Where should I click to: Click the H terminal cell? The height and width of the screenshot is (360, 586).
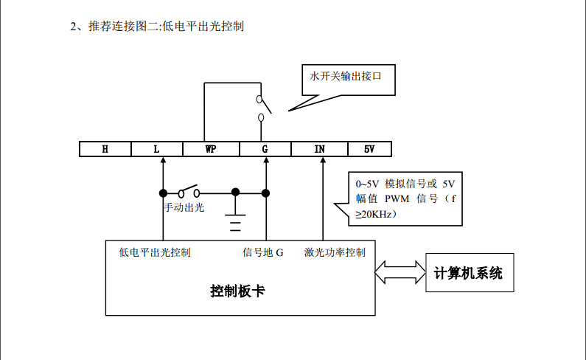pyautogui.click(x=105, y=149)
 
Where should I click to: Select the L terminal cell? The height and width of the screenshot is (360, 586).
pyautogui.click(x=156, y=149)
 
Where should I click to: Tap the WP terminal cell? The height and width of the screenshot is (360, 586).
pyautogui.click(x=211, y=149)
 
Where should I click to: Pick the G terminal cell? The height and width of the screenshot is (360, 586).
pyautogui.click(x=265, y=149)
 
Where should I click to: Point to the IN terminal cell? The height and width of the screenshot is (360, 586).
pyautogui.click(x=319, y=149)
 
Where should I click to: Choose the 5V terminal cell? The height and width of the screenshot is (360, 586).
pyautogui.click(x=369, y=149)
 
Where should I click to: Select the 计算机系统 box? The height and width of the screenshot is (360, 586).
pyautogui.click(x=468, y=273)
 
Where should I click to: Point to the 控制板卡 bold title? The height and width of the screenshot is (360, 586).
pyautogui.click(x=237, y=291)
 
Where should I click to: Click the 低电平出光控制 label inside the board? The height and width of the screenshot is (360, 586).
pyautogui.click(x=155, y=252)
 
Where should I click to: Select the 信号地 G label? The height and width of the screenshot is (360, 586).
pyautogui.click(x=263, y=252)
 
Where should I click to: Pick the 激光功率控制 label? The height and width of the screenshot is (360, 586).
pyautogui.click(x=335, y=252)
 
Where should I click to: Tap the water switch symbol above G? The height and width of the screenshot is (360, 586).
pyautogui.click(x=262, y=108)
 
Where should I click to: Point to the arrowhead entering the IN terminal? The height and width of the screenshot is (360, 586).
pyautogui.click(x=322, y=162)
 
